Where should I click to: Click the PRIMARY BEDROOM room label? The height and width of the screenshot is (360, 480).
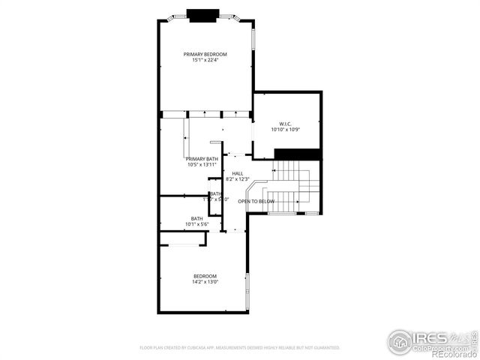tap(205, 54)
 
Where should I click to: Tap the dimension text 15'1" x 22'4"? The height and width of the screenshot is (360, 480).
tap(205, 60)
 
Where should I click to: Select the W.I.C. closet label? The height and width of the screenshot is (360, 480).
tap(285, 124)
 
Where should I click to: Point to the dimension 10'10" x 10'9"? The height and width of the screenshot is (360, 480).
tap(285, 130)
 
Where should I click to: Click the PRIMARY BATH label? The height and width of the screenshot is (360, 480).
tap(202, 159)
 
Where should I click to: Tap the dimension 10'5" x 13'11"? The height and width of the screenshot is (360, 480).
tap(202, 165)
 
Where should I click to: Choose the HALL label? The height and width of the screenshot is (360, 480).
tap(237, 173)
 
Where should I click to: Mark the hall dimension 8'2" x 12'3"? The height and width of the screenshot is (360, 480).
tap(237, 179)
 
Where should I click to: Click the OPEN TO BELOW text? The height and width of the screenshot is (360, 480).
tap(256, 202)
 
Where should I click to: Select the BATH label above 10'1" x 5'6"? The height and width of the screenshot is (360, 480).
tap(196, 218)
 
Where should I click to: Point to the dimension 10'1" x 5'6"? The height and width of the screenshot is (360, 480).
tap(196, 224)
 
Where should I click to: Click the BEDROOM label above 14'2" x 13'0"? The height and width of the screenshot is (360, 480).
tap(205, 276)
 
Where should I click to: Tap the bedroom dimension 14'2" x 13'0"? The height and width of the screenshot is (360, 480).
tap(205, 282)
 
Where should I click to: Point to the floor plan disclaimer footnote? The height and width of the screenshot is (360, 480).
tap(240, 348)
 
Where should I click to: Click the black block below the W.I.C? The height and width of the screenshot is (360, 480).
tap(298, 154)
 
